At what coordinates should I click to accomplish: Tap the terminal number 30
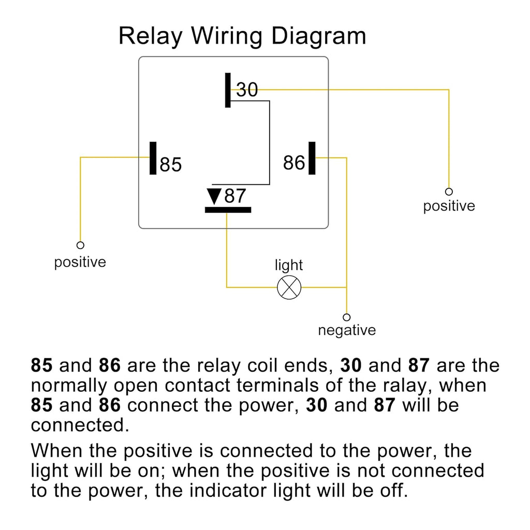(x=247, y=90)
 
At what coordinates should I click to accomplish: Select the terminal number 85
(x=170, y=165)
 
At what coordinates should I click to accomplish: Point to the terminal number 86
(x=294, y=163)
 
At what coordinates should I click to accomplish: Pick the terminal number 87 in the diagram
(x=235, y=196)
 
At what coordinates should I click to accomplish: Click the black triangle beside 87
(x=214, y=196)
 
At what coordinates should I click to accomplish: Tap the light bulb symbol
(x=289, y=287)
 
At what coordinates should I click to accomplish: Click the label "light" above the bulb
(x=289, y=266)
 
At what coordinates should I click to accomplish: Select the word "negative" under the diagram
(x=347, y=330)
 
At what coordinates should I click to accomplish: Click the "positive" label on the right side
(x=449, y=206)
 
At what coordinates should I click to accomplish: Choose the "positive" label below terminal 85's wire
(x=80, y=262)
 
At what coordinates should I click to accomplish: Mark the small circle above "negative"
(x=346, y=317)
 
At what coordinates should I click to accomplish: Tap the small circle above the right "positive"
(x=449, y=192)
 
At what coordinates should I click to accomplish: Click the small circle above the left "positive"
(x=80, y=245)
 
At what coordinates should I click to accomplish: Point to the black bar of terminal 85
(x=153, y=158)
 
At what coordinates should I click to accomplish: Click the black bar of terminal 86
(x=312, y=158)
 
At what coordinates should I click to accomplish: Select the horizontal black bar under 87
(x=228, y=210)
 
